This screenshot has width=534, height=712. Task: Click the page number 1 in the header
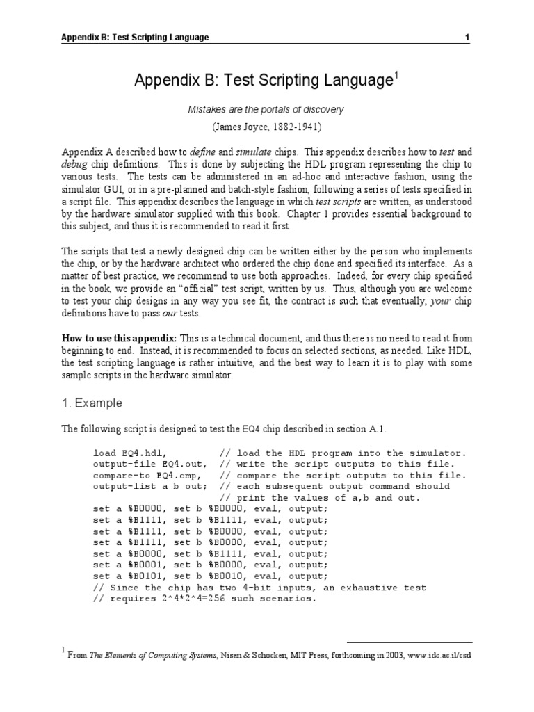[x=467, y=37]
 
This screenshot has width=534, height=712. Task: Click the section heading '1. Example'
[x=92, y=403]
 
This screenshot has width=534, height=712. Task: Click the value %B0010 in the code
[x=225, y=576]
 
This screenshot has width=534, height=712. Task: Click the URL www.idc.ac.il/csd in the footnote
[x=432, y=655]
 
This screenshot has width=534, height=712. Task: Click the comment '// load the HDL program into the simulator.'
[x=342, y=453]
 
